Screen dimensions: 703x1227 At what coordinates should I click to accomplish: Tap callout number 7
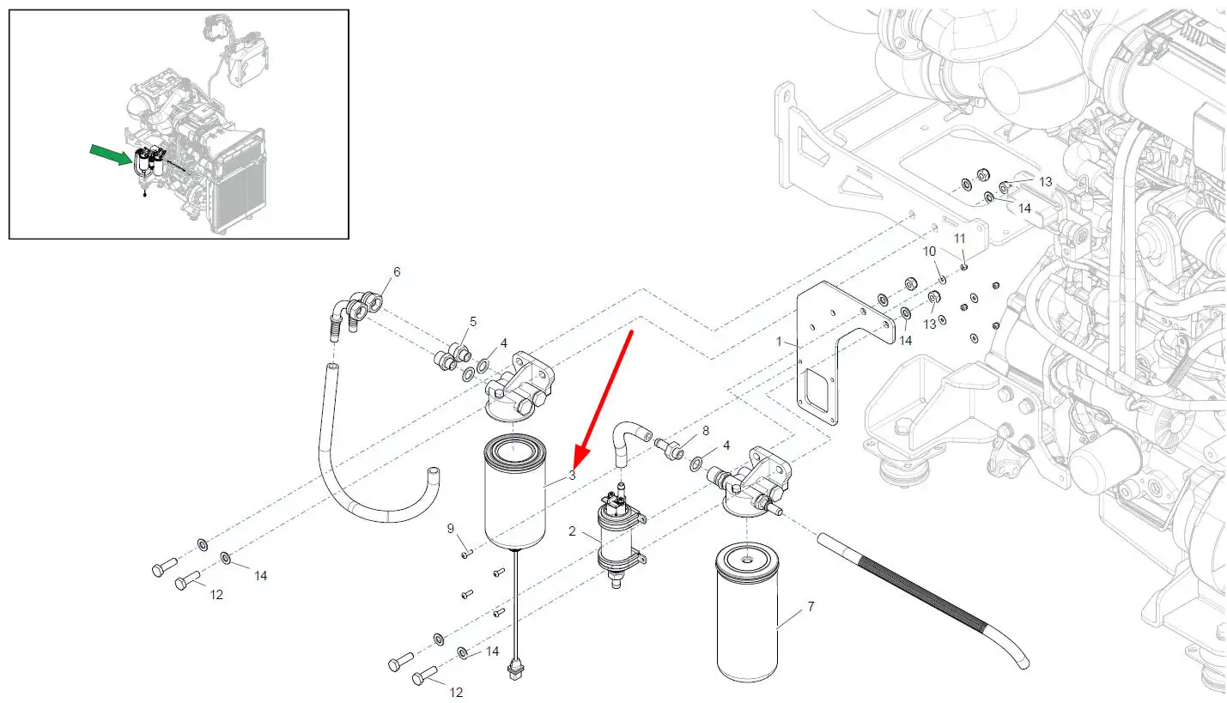(x=811, y=607)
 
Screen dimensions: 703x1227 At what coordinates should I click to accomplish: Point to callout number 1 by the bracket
(x=780, y=342)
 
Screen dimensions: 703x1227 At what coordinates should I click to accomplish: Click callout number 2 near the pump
(x=572, y=531)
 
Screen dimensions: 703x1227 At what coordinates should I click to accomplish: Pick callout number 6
(x=397, y=272)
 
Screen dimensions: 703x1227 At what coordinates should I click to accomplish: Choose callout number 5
(x=472, y=322)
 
